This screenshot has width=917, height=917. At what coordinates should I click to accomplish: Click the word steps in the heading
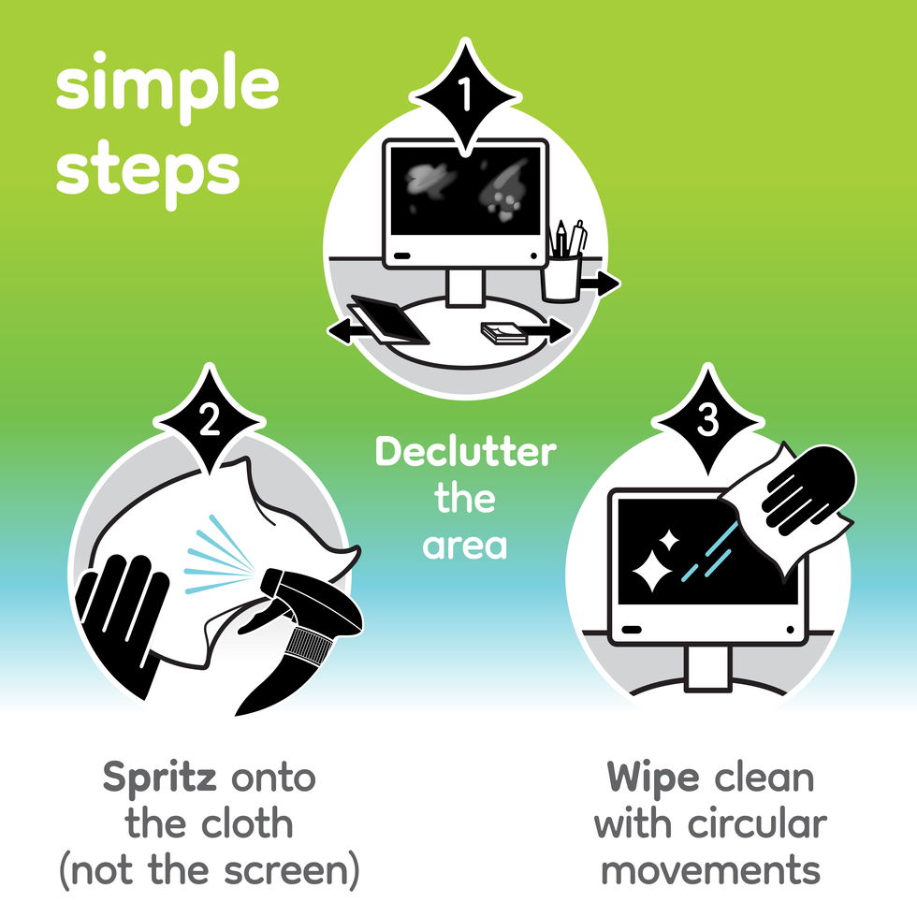coord(147,170)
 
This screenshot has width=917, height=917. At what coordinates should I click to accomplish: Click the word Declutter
coord(465,453)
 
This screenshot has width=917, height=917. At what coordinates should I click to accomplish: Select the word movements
coord(710,870)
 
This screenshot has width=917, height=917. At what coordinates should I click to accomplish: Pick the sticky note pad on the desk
coord(504,333)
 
